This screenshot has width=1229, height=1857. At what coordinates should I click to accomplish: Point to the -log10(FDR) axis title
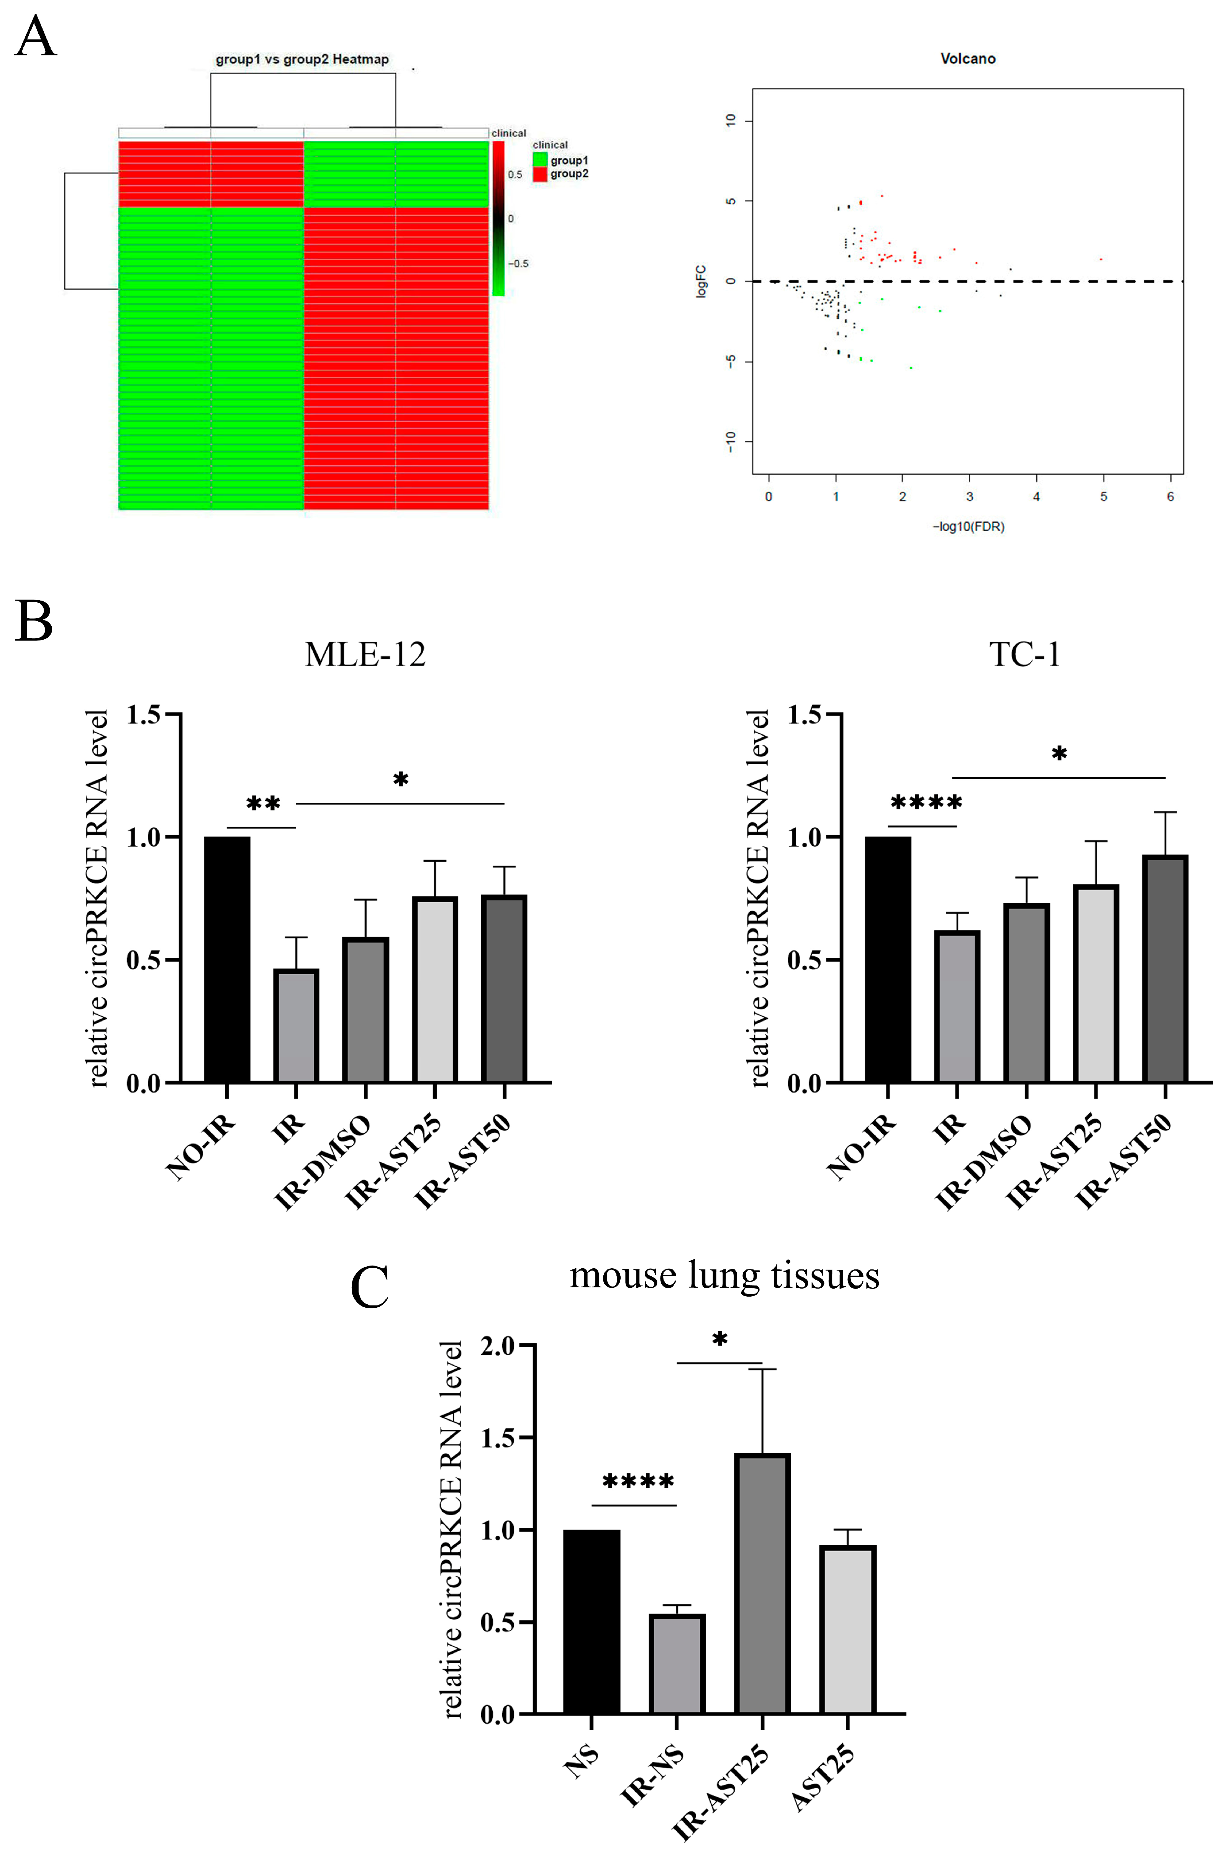point(968,527)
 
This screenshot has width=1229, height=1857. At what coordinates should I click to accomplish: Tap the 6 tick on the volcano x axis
point(1170,497)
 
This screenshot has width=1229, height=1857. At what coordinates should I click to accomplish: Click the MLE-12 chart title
point(365,654)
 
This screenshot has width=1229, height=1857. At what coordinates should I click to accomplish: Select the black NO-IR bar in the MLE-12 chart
point(227,960)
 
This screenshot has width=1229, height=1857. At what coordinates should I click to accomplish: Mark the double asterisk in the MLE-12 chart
point(263,805)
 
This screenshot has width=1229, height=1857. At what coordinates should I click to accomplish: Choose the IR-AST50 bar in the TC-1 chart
point(1165,969)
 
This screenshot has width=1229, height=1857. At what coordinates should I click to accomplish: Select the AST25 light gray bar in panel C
point(848,1630)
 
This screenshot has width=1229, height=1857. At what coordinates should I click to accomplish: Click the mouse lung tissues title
point(724,1276)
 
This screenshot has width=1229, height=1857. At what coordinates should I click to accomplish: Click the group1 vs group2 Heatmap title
point(303,59)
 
